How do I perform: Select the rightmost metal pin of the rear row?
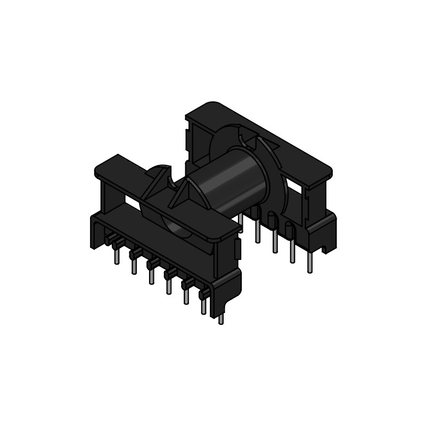pos(309,264)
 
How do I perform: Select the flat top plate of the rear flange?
pos(266,138)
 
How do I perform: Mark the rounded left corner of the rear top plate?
pos(208,104)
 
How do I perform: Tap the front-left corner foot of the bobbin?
pos(96,234)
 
